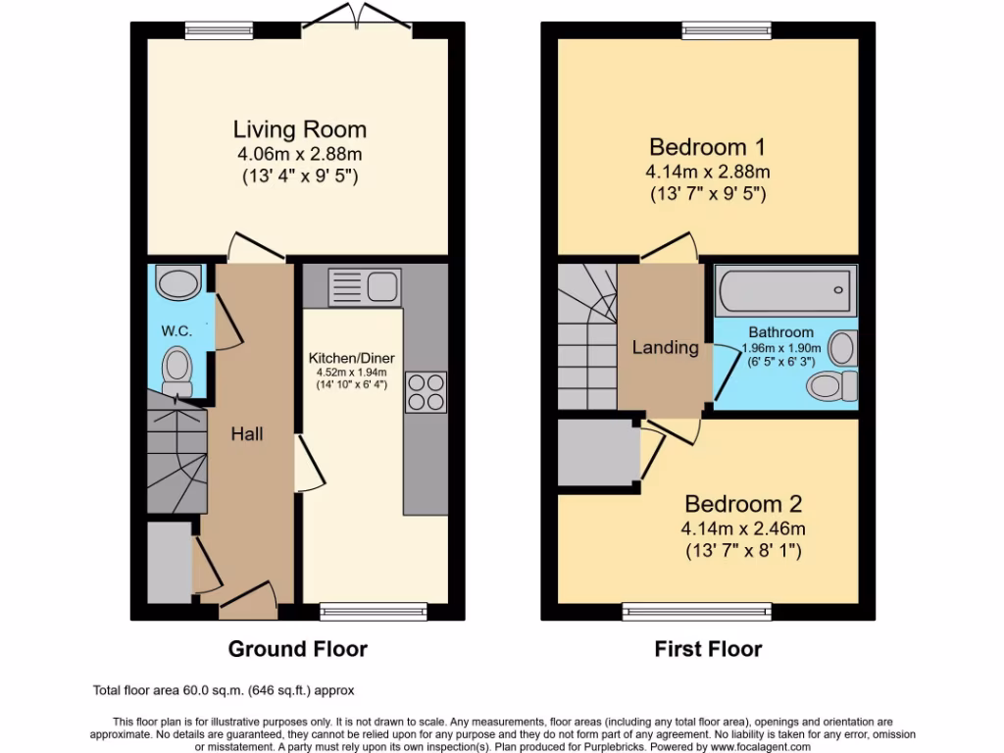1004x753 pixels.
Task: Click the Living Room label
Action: pos(299,129)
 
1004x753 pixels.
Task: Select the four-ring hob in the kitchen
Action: pos(425,392)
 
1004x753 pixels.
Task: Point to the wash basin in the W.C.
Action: pos(177,285)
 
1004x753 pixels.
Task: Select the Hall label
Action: pos(247,433)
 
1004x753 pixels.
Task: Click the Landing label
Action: pos(665,347)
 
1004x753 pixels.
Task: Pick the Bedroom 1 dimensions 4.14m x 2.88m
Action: pos(708,172)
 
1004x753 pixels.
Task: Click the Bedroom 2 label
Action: pos(743,504)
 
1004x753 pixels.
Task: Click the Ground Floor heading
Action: pos(297,649)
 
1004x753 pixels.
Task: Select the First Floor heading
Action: pos(708,649)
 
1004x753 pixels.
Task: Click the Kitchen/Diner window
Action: pos(373,612)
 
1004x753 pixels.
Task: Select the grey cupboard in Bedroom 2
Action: pos(597,452)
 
